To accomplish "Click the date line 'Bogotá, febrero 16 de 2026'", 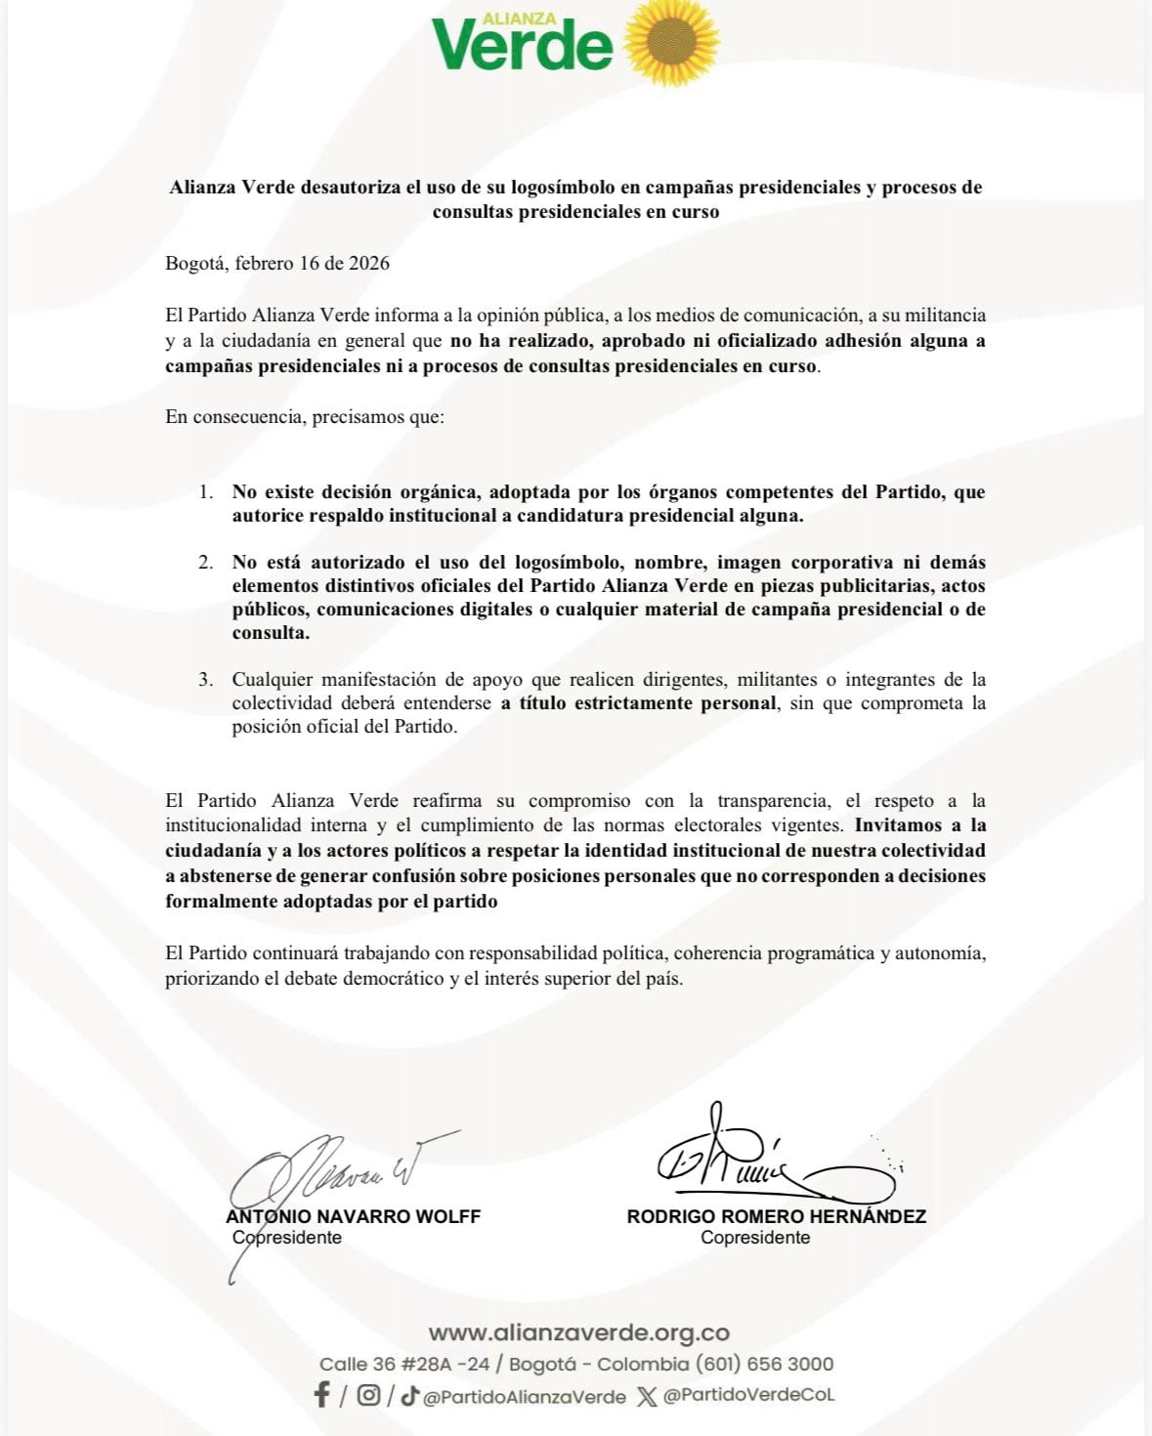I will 277,264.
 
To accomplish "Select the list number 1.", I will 206,492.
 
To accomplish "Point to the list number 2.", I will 206,563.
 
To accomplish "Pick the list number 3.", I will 206,680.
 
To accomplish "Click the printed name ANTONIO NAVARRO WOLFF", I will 354,1217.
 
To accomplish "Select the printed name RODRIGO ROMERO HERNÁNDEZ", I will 776,1217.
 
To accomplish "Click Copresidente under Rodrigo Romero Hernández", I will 755,1238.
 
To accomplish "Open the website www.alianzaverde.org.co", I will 578,1333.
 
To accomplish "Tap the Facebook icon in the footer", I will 321,1395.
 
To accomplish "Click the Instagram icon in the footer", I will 368,1395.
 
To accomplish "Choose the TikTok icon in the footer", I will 410,1395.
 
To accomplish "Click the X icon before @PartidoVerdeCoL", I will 646,1396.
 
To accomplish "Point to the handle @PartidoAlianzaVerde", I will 525,1397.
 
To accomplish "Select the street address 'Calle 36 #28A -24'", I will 405,1365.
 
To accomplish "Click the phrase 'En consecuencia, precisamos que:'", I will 305,417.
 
